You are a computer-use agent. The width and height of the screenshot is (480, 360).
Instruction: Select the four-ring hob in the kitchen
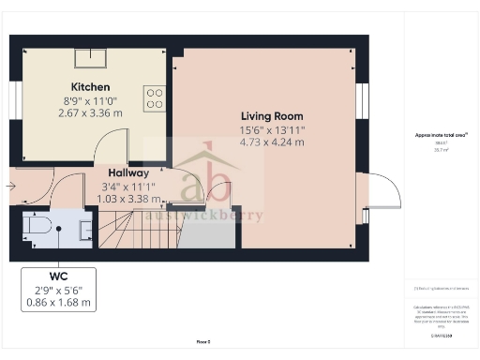(x=155, y=97)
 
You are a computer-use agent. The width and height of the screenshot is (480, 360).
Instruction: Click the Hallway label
(x=128, y=173)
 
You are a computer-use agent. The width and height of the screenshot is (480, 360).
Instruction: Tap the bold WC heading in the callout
(x=58, y=277)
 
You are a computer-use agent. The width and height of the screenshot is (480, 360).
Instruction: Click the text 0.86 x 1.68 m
(x=58, y=304)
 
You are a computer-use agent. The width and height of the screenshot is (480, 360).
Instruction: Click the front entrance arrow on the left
(x=10, y=187)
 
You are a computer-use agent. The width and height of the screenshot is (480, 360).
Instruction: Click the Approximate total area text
(x=442, y=135)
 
